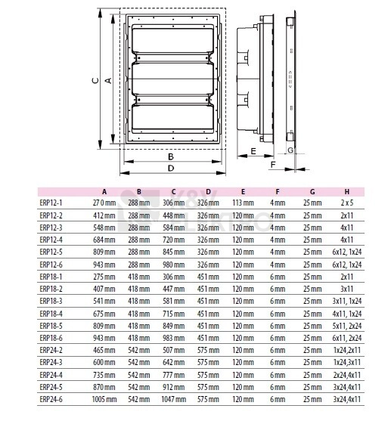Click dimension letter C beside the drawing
coord(95,80)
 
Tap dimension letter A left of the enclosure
coord(108,80)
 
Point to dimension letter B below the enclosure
coord(171,156)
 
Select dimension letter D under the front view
coord(171,168)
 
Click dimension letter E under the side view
coord(253,151)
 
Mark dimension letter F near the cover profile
coord(273,164)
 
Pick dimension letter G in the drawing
coord(290,150)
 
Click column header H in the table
coord(347,192)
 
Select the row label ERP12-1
coord(51,203)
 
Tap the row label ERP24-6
coord(51,399)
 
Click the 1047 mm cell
coord(174,399)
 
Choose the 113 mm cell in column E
coord(243,203)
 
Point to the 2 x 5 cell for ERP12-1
coord(347,203)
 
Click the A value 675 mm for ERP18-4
coord(104,314)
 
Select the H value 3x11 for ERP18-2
coord(347,289)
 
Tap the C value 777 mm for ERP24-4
coord(174,375)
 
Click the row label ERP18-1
coord(51,277)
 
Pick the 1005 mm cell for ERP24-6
coord(104,399)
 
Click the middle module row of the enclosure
coord(172,79)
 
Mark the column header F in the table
coord(278,192)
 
